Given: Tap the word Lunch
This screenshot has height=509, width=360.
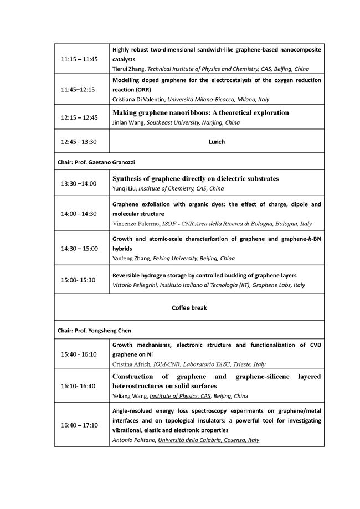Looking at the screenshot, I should pyautogui.click(x=217, y=142).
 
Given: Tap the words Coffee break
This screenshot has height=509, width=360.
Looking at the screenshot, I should pyautogui.click(x=189, y=308).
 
